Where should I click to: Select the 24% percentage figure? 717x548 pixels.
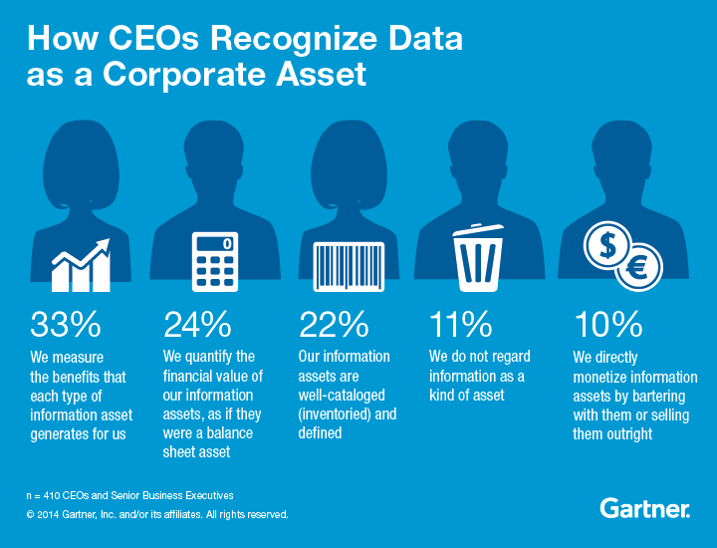[x=197, y=324]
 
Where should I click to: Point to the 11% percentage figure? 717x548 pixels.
[x=461, y=324]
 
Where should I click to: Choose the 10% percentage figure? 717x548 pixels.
[x=606, y=324]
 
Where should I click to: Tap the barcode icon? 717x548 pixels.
[x=349, y=266]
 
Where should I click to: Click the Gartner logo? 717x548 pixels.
[x=645, y=509]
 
